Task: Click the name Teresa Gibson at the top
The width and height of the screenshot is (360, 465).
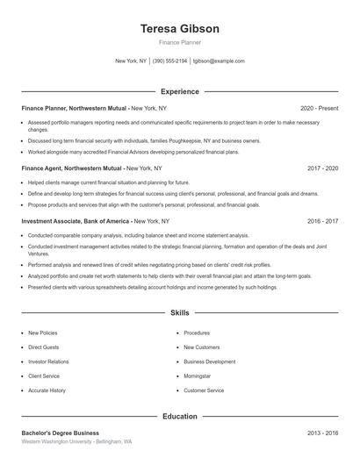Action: coord(179,29)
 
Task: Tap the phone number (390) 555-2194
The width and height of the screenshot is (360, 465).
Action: coord(170,61)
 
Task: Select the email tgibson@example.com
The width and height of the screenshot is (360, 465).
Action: coord(219,61)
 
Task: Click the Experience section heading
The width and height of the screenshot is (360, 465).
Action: coord(179,91)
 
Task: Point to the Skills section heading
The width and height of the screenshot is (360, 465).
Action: coord(179,312)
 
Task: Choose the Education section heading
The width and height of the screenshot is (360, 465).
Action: coord(179,416)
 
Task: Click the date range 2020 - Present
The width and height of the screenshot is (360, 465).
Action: coord(319,108)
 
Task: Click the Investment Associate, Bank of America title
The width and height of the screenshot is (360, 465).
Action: coord(76,222)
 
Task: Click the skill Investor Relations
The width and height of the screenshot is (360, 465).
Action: coord(48,361)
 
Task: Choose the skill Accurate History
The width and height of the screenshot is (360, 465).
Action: coord(47,390)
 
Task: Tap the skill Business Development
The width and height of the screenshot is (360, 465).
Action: coord(209,361)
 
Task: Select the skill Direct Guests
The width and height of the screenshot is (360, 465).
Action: coord(43,347)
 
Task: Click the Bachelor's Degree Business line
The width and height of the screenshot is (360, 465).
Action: coord(61,433)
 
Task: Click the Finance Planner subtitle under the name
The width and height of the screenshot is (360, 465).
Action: coord(179,42)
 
